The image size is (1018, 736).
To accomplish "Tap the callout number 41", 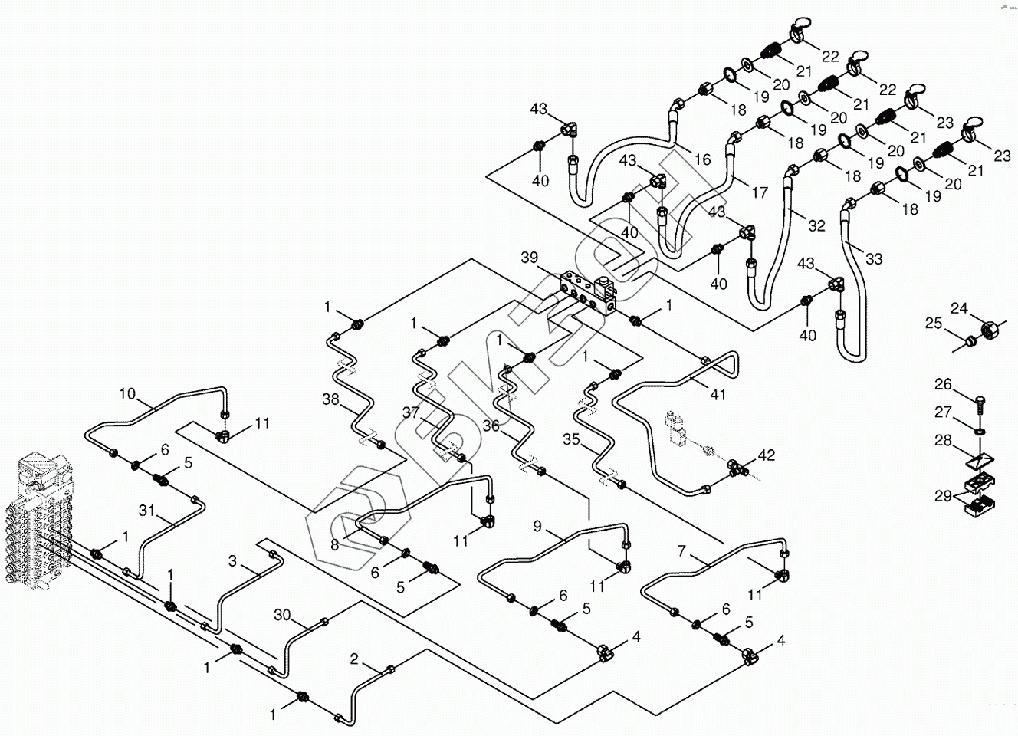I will [x=718, y=395].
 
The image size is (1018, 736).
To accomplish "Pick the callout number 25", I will [x=933, y=324].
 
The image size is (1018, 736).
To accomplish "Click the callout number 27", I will [x=942, y=412].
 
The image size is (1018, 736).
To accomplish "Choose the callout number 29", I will [x=942, y=496].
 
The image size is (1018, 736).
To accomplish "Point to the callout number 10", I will [x=126, y=395].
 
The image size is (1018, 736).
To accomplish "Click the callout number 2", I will [x=353, y=659].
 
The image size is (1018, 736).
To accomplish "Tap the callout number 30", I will [x=282, y=614].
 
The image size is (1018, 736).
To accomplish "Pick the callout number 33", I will [x=874, y=259].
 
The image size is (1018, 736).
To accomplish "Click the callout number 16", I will [x=702, y=159].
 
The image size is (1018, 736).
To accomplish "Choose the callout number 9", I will [x=537, y=526].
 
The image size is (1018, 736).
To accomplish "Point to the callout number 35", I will [x=571, y=440].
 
